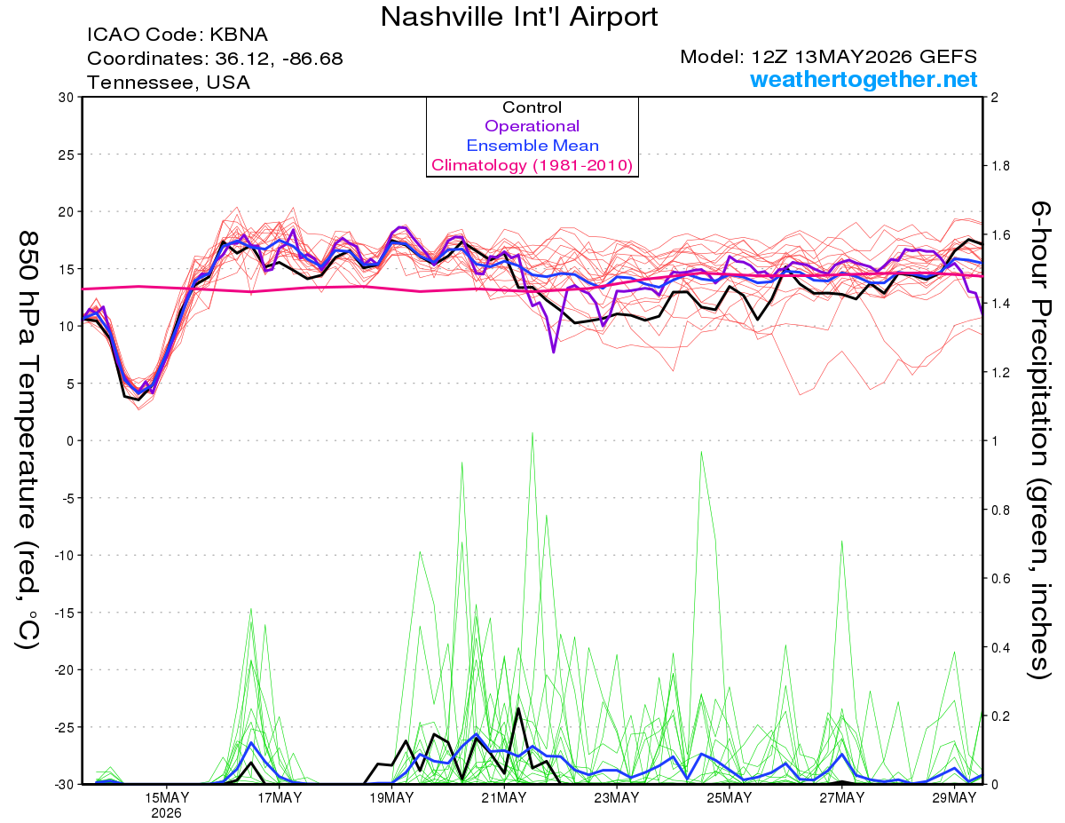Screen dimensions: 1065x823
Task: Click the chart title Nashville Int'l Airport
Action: [519, 17]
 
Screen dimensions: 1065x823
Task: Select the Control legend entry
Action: [532, 107]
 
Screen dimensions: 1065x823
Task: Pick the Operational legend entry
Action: [532, 126]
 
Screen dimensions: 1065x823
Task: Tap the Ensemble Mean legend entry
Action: [532, 146]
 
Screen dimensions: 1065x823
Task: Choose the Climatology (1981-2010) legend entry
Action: [532, 165]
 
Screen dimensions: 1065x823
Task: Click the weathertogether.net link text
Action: [864, 79]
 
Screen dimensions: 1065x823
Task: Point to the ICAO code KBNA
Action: [239, 35]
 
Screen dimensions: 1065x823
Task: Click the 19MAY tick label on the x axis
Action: [391, 798]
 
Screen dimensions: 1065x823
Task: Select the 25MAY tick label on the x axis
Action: [730, 798]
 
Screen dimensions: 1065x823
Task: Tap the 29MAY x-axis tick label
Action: [954, 798]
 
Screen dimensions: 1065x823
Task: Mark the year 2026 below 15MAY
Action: [166, 814]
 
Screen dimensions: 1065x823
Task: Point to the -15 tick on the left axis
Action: [63, 613]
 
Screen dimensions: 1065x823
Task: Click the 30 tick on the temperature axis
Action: [67, 98]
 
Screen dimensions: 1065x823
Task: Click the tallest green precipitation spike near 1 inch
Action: [532, 433]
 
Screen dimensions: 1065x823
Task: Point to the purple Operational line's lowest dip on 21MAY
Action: [553, 352]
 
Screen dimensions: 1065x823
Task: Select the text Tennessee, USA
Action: [169, 83]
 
